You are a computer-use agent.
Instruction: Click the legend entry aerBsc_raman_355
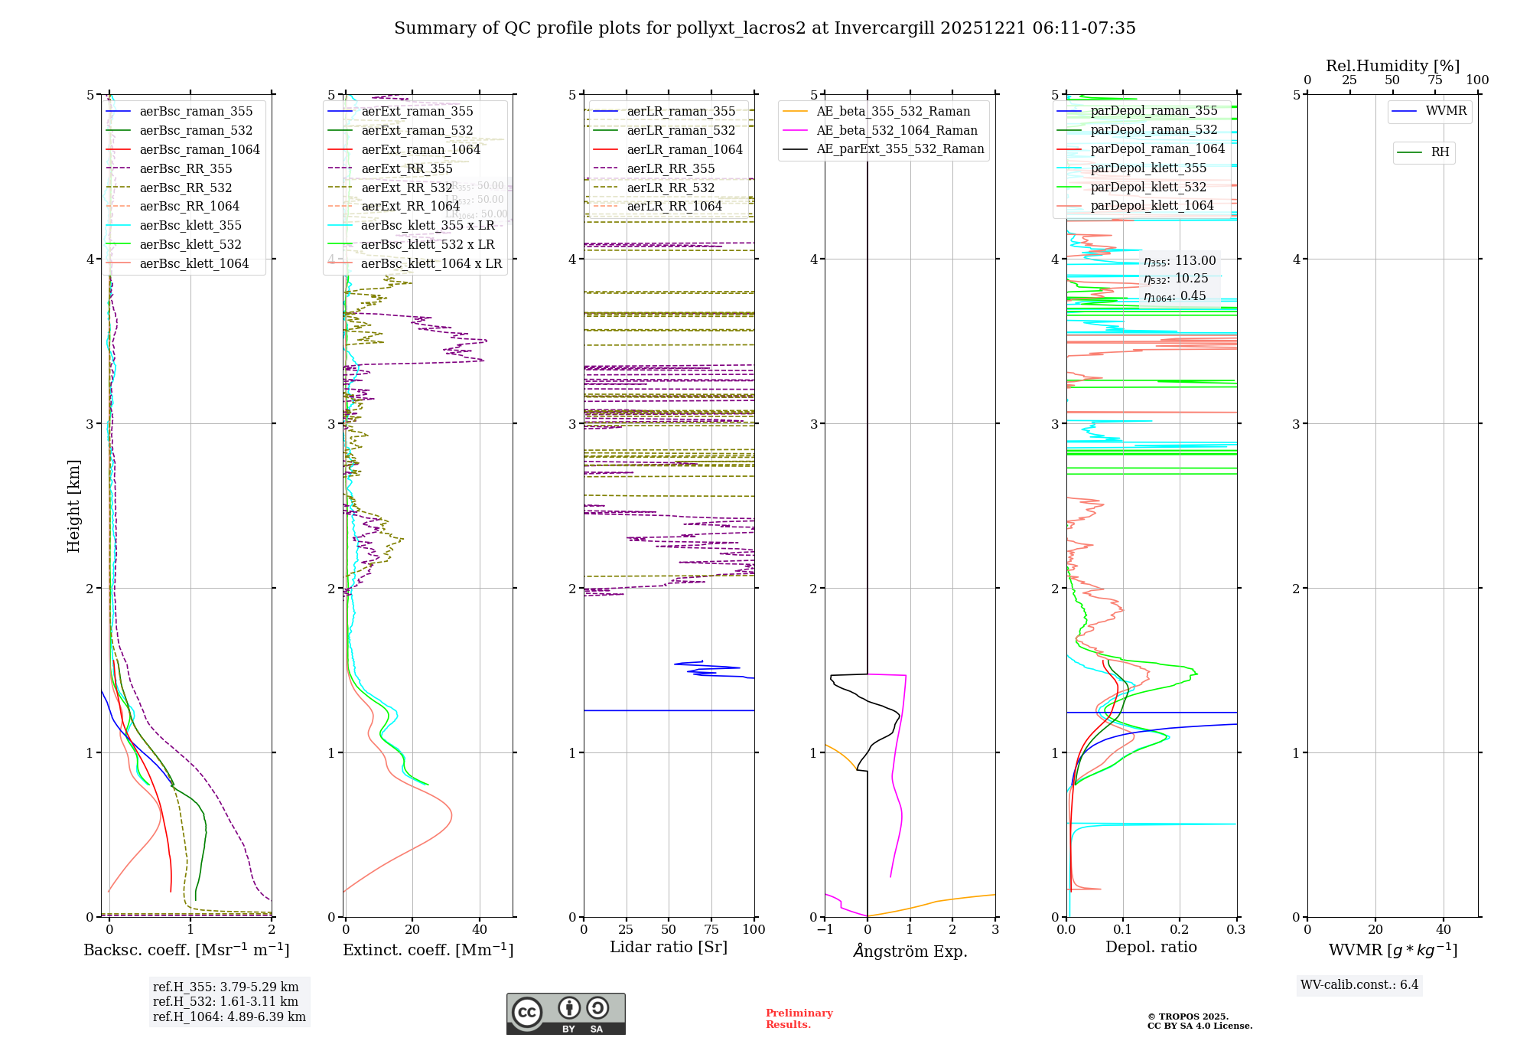(x=196, y=112)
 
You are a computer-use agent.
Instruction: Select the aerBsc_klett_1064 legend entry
(x=194, y=264)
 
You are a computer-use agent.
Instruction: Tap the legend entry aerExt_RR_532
(x=406, y=188)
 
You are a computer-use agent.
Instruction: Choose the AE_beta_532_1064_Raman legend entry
(x=897, y=131)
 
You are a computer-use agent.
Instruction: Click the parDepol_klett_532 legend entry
(x=1148, y=188)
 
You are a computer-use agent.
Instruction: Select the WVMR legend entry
(x=1446, y=111)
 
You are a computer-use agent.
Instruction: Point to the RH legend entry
(x=1440, y=152)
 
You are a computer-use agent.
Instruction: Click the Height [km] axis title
(x=73, y=506)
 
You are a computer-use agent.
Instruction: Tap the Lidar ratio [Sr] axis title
(x=669, y=948)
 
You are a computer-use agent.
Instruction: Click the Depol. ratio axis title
(x=1151, y=948)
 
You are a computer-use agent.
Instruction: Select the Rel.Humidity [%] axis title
(x=1392, y=66)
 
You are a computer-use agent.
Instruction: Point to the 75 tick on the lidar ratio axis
(x=711, y=930)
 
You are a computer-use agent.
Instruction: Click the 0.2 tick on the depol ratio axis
(x=1180, y=930)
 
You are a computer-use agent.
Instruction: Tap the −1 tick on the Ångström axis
(x=825, y=930)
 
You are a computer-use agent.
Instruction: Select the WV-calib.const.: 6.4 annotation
(x=1359, y=985)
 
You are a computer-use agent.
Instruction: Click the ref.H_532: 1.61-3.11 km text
(x=226, y=1002)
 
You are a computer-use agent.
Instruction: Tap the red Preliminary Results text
(x=799, y=1019)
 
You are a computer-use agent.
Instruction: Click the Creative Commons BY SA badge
(x=566, y=1014)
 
